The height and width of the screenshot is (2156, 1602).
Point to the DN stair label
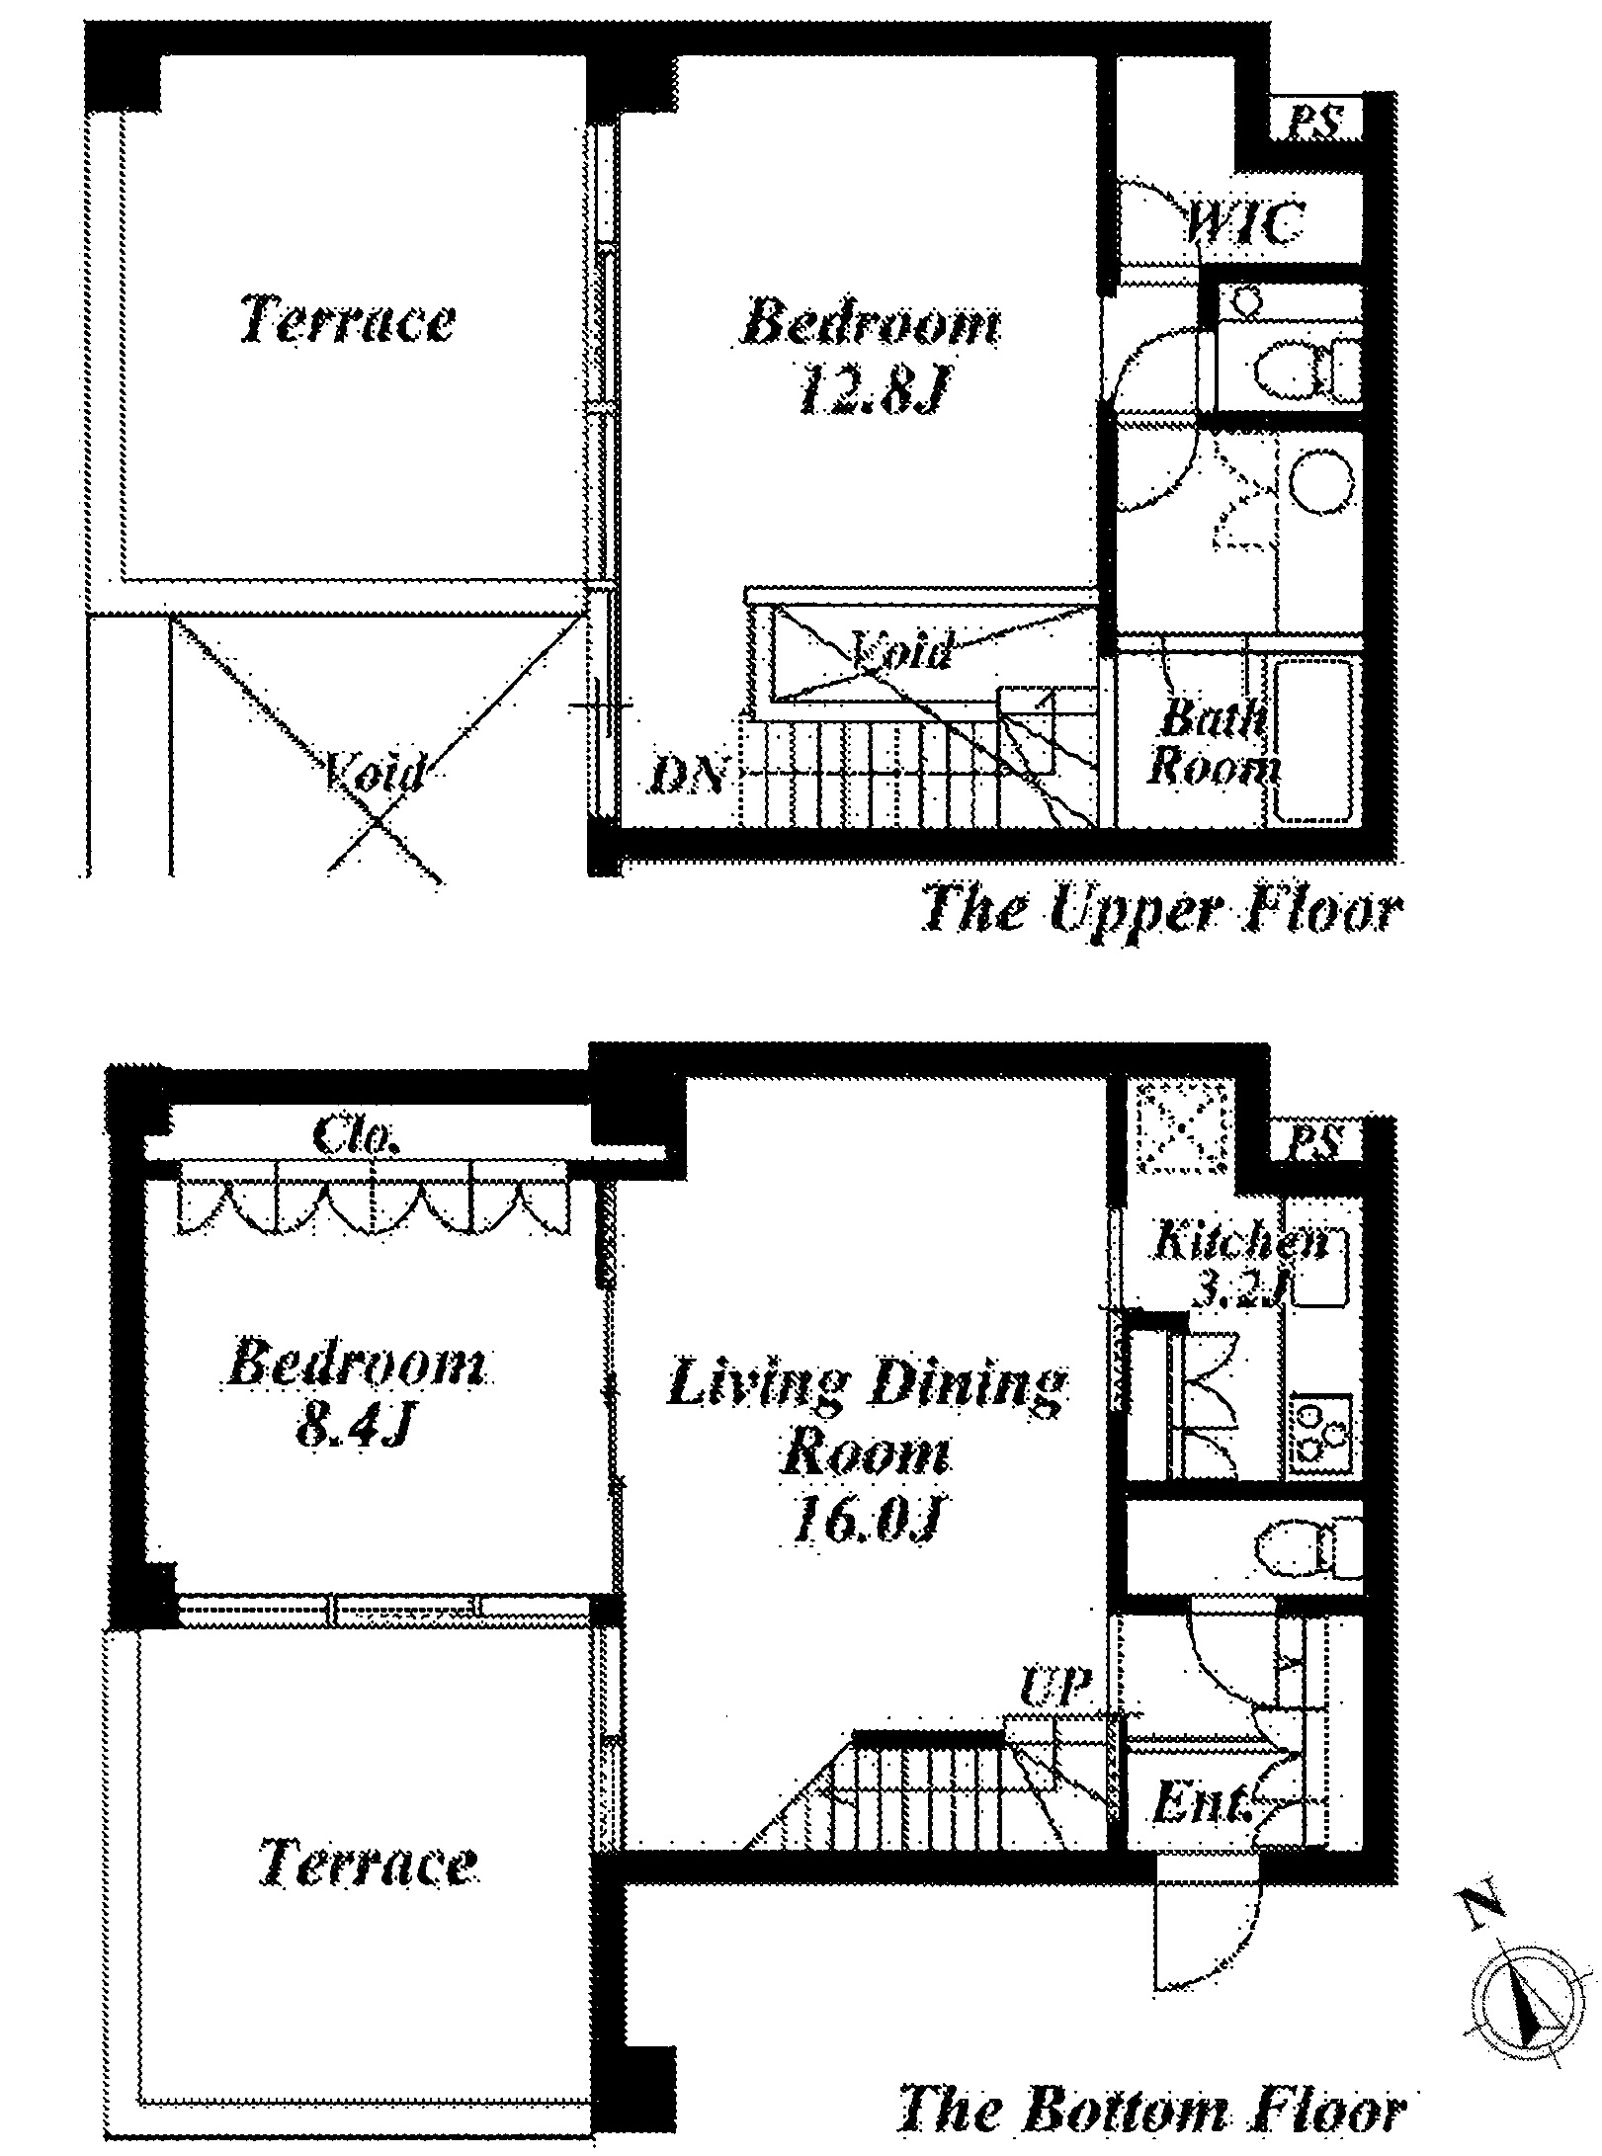(689, 776)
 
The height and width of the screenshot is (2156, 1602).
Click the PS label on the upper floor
(1316, 123)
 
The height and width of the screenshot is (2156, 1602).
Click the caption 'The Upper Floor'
(1160, 911)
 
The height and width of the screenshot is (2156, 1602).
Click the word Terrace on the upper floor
(348, 319)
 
